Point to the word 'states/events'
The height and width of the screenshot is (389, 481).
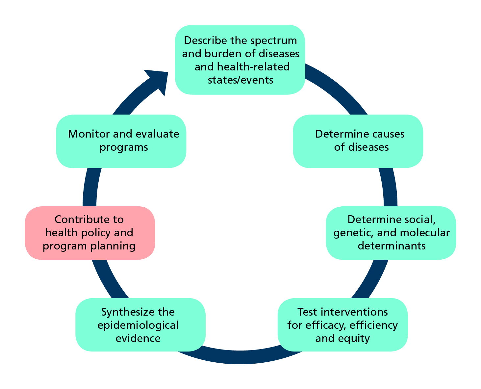pyautogui.click(x=240, y=80)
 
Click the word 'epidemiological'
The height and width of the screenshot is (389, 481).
pyautogui.click(x=138, y=325)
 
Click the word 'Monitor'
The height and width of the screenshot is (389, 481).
pyautogui.click(x=86, y=134)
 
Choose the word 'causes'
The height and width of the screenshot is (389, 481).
pyautogui.click(x=387, y=134)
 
